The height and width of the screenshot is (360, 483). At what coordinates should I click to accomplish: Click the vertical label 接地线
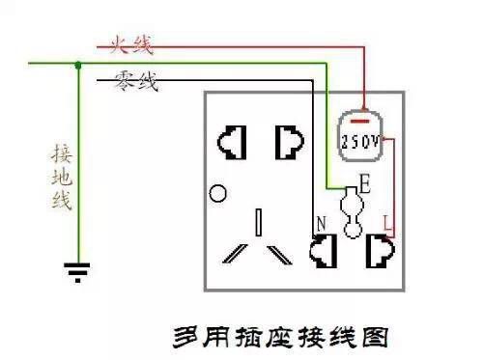[x=61, y=179]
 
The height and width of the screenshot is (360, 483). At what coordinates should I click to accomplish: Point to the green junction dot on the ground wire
[x=77, y=65]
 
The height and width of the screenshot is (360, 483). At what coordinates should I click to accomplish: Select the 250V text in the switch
[x=360, y=141]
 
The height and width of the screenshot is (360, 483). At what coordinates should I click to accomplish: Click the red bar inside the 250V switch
[x=360, y=122]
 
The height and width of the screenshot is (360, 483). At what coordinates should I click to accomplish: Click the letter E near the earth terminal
[x=364, y=180]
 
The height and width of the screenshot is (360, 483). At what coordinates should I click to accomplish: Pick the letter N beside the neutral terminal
[x=320, y=224]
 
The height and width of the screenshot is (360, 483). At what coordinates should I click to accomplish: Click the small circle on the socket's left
[x=219, y=194]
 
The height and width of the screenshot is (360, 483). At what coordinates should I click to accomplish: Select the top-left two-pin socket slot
[x=233, y=142]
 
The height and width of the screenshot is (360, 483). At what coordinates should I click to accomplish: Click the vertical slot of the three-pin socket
[x=259, y=222]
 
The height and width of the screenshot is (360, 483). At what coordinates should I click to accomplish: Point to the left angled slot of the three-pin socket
[x=234, y=254]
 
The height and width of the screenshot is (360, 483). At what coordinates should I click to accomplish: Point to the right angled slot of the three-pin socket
[x=280, y=254]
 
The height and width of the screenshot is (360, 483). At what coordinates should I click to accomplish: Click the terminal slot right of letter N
[x=323, y=252]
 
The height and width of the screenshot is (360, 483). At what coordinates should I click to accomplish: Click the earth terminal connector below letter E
[x=352, y=213]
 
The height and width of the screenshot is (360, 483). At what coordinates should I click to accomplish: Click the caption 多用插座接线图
[x=279, y=339]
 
